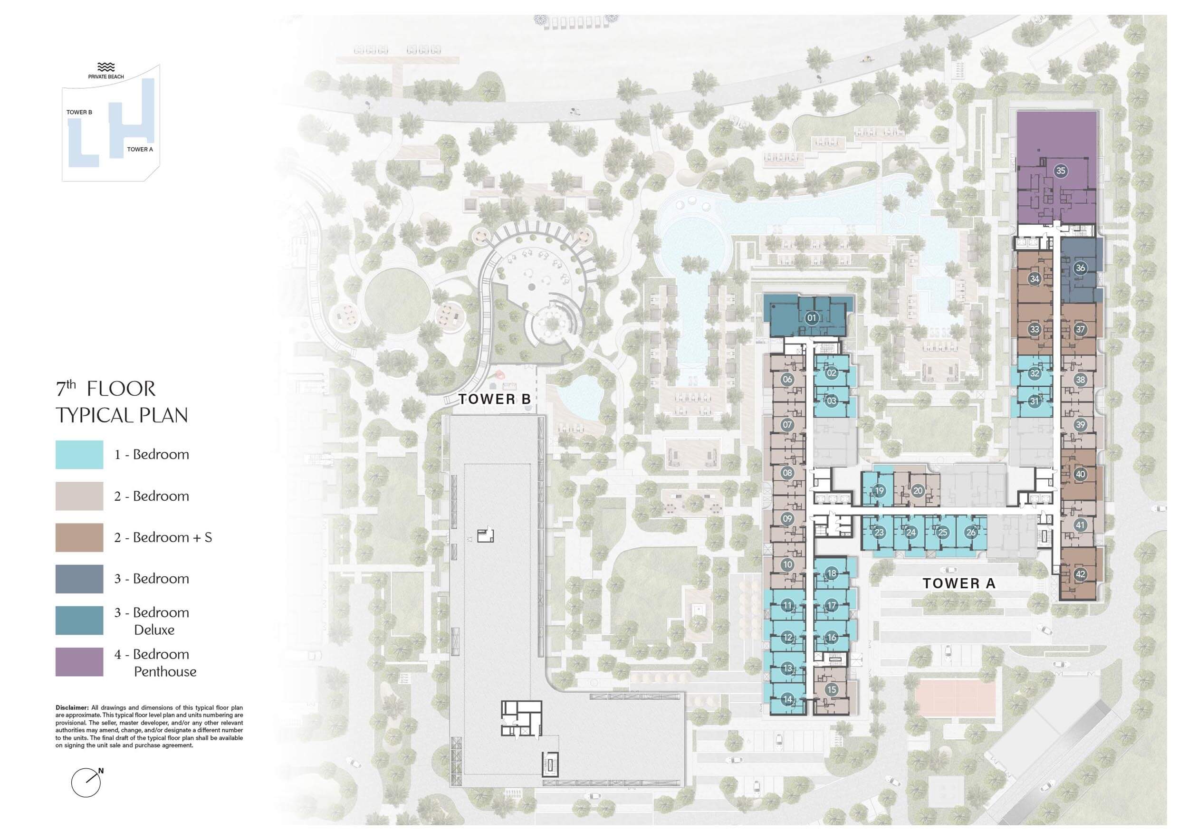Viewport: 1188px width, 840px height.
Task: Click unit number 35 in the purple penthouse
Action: tap(1060, 171)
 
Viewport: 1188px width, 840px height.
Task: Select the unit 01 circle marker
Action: tap(812, 317)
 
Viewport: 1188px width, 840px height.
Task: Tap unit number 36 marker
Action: tap(1081, 268)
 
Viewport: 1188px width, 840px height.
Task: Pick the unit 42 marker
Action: tap(1081, 574)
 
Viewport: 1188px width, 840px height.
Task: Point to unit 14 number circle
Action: tap(787, 699)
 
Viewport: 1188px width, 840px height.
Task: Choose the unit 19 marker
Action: tap(880, 491)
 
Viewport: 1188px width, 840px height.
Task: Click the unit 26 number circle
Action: tap(971, 532)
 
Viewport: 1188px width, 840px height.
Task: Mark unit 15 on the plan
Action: tap(832, 689)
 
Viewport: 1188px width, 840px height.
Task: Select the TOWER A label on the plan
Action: tap(959, 583)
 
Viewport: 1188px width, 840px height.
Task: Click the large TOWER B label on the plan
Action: tap(495, 399)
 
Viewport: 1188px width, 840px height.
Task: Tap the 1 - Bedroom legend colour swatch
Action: tap(79, 455)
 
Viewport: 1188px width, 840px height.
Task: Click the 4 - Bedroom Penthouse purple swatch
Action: tap(79, 662)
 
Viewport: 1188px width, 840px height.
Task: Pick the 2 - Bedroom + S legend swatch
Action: tap(79, 537)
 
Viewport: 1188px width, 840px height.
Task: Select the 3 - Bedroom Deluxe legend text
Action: tap(152, 620)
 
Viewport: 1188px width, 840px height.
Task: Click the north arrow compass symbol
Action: tap(86, 783)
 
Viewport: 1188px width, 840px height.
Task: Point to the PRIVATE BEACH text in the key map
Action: tap(106, 76)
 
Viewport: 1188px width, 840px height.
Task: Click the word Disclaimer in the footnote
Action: tap(72, 707)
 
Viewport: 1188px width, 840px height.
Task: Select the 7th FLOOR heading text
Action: tap(105, 389)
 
